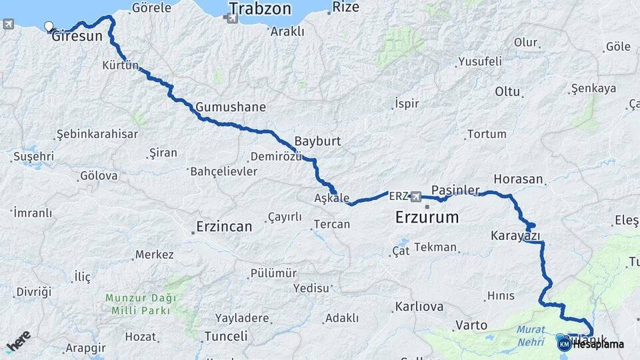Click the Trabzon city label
(261, 9)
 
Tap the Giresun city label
(77, 36)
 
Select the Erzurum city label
(427, 217)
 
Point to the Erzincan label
(224, 227)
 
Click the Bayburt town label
(317, 142)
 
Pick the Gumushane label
(231, 107)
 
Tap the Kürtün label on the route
(121, 65)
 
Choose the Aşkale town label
(332, 198)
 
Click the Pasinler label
(455, 190)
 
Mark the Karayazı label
(515, 235)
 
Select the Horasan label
(519, 179)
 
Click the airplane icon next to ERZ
(417, 196)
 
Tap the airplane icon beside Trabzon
(231, 18)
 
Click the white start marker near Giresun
(49, 27)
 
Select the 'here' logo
(17, 341)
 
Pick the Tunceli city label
(226, 336)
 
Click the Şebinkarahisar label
(97, 134)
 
